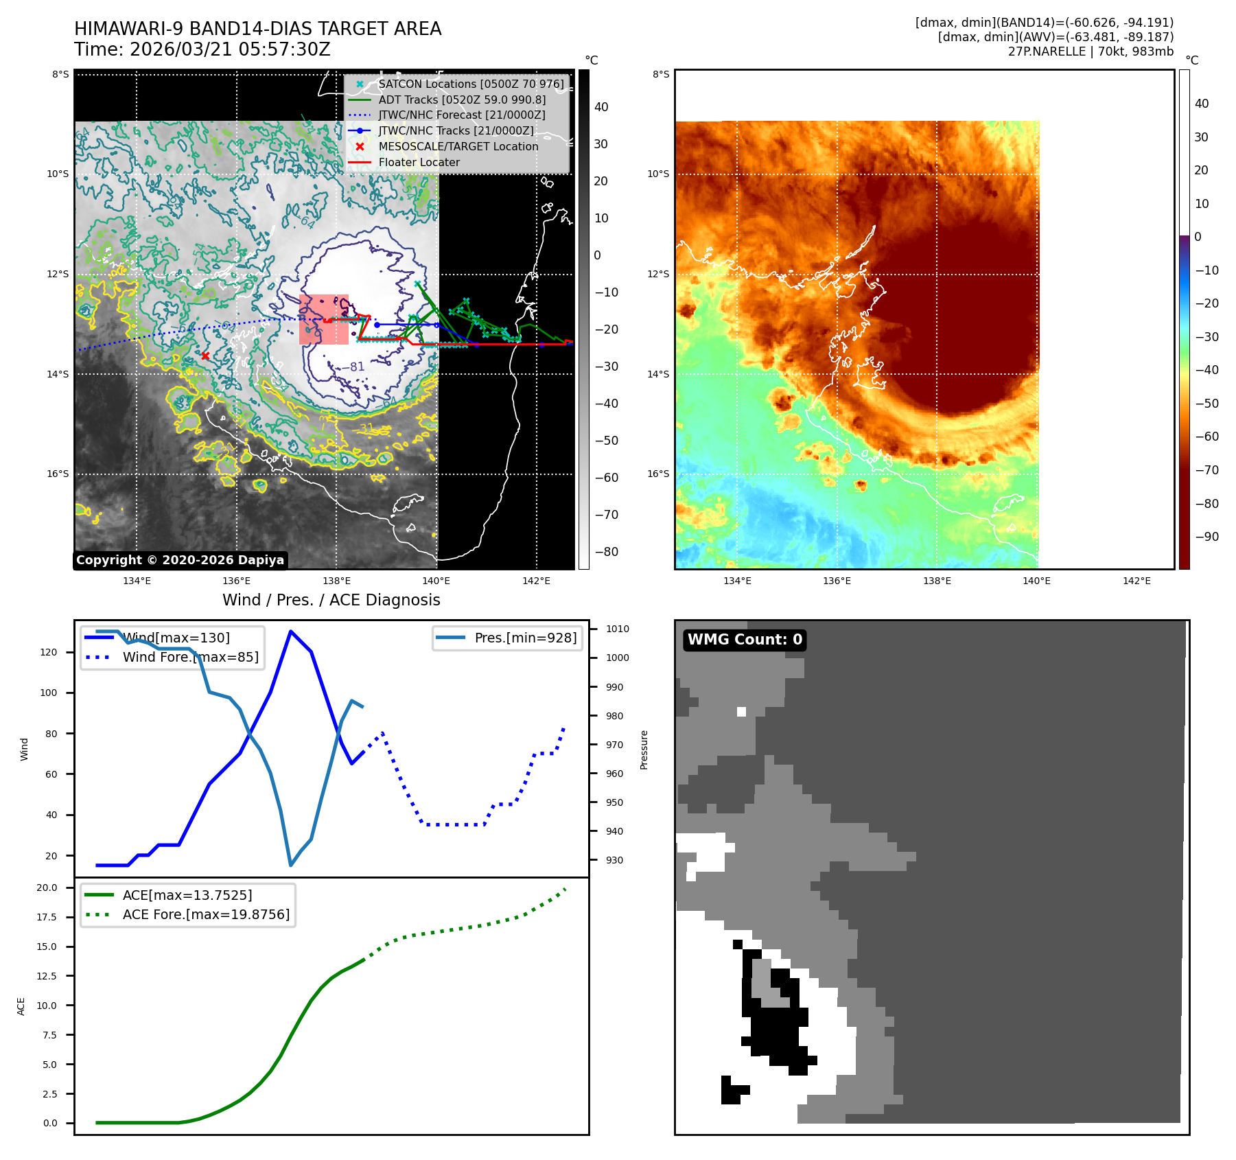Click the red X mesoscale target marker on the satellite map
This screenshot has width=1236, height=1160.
(205, 356)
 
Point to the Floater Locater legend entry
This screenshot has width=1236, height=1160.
(419, 162)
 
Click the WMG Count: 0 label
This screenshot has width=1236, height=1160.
(745, 640)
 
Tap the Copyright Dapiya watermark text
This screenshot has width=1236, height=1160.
(180, 560)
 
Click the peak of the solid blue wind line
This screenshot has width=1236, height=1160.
(291, 631)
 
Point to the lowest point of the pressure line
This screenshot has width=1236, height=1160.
(291, 866)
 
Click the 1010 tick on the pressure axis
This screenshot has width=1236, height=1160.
(617, 629)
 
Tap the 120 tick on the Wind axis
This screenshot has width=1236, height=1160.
(49, 652)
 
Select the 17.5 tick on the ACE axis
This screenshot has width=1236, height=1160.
(47, 917)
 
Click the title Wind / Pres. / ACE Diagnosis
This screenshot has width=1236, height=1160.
(331, 600)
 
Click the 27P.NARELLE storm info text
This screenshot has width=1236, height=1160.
(1091, 51)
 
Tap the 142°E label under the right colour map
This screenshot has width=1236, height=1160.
(1136, 581)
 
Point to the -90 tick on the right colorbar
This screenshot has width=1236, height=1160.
(1206, 537)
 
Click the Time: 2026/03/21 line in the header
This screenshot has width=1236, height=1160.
(202, 49)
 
